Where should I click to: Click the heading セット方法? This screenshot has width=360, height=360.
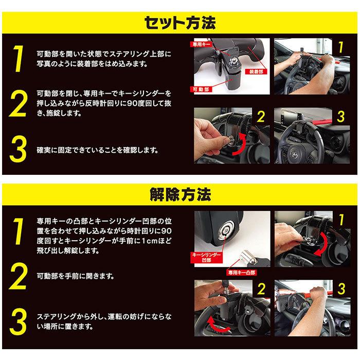[x=180, y=23]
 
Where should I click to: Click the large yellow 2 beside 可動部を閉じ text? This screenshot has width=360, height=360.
[x=19, y=105]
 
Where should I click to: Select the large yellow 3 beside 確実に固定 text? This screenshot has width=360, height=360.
[x=19, y=151]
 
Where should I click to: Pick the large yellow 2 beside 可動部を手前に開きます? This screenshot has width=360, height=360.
[x=19, y=277]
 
